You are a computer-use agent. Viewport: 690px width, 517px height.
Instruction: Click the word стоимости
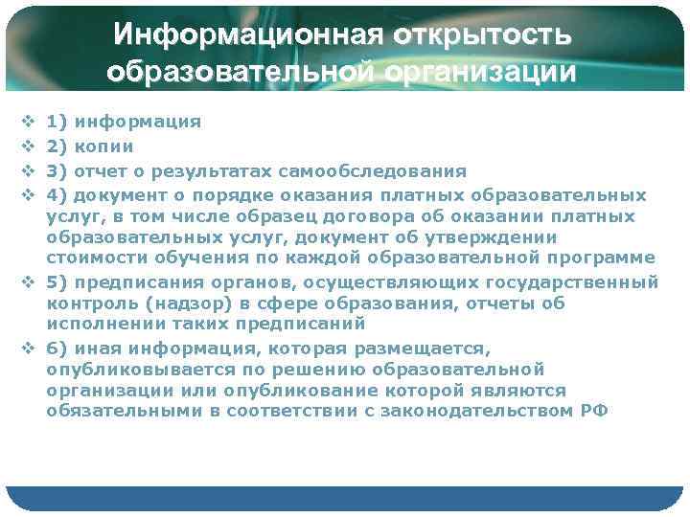[x=91, y=258]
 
